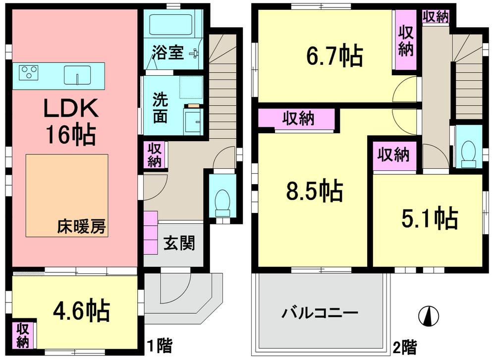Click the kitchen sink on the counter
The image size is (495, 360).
click(77, 75)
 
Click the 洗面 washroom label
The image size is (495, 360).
click(160, 107)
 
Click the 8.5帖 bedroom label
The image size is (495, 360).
click(314, 191)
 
